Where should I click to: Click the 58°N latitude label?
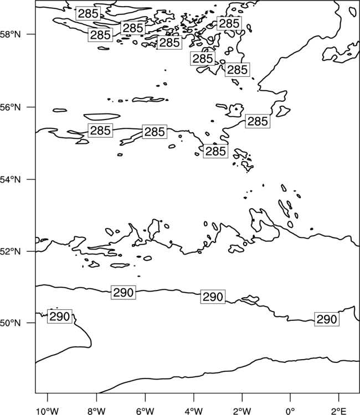[10, 34]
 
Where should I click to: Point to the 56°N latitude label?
[10, 107]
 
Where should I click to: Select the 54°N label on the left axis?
[10, 180]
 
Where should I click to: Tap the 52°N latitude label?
[10, 251]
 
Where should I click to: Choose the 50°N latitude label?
[10, 323]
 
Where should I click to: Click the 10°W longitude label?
[48, 411]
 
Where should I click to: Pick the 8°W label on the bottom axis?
[96, 411]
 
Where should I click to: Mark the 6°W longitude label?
[145, 411]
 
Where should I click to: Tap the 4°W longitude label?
[194, 411]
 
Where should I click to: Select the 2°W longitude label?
[242, 411]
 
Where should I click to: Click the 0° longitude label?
[290, 411]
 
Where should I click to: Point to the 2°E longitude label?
[339, 411]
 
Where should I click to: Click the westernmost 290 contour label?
[60, 317]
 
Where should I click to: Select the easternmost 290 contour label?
[327, 319]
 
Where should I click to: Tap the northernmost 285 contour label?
[88, 13]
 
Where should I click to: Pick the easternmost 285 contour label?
[258, 121]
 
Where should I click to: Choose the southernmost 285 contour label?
[215, 151]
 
